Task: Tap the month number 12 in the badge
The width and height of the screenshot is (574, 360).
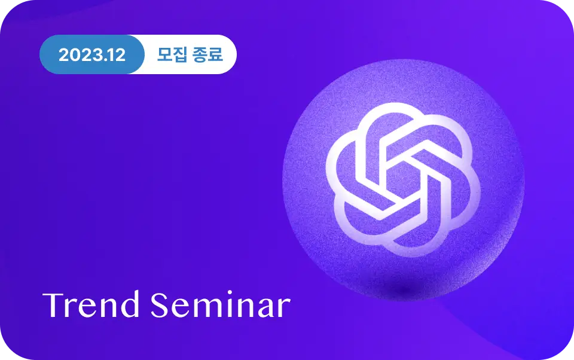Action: point(117,55)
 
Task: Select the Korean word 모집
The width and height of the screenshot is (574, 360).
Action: point(172,54)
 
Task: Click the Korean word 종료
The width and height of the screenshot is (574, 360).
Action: point(208,54)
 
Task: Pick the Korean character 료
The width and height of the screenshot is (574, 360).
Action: point(216,54)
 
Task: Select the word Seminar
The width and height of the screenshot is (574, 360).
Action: point(221,304)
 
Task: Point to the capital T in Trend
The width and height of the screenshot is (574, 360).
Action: point(53,305)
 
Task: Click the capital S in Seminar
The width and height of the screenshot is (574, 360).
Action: point(160,305)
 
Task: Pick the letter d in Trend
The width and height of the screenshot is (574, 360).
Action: point(130,304)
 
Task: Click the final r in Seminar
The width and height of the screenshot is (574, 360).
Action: point(283,309)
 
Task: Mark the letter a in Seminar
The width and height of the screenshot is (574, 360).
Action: point(266,309)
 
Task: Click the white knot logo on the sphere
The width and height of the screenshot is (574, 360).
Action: point(403,179)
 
